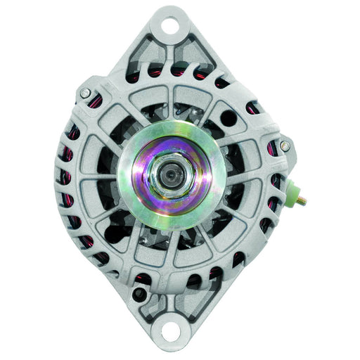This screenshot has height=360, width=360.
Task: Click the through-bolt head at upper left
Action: click(86, 94)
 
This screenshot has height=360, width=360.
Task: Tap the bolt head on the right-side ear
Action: click(284, 146)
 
